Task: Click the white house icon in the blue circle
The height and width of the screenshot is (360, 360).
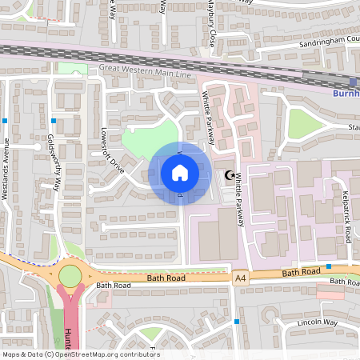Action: (x=180, y=173)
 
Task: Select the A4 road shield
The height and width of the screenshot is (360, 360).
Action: (x=241, y=278)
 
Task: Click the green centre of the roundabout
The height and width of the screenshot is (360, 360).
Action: (x=70, y=276)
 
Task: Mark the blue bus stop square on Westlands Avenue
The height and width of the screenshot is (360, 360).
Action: (x=6, y=121)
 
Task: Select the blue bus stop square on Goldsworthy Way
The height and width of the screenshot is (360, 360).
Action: (x=54, y=121)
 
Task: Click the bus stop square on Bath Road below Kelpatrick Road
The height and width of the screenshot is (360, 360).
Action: (x=329, y=266)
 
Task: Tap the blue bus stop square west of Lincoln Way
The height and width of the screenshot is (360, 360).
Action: (x=237, y=322)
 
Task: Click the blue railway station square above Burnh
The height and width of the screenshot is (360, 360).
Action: (x=353, y=82)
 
